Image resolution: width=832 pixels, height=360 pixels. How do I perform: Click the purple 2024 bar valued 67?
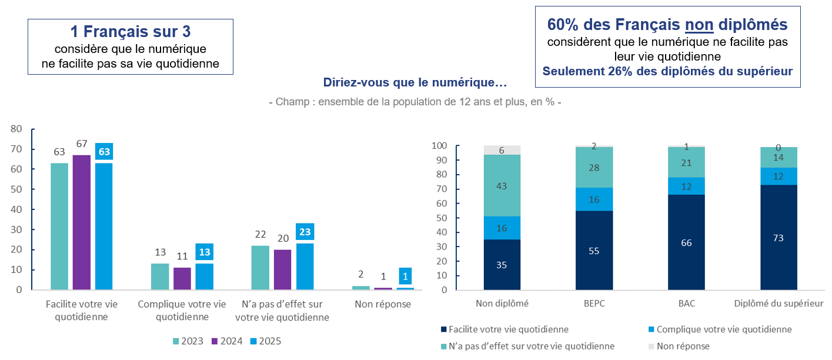pyautogui.click(x=82, y=222)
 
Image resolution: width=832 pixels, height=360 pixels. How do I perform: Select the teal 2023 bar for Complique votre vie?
pyautogui.click(x=160, y=276)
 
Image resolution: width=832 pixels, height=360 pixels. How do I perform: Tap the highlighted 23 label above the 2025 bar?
pyautogui.click(x=305, y=232)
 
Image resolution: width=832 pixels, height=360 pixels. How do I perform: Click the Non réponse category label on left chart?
pyautogui.click(x=383, y=304)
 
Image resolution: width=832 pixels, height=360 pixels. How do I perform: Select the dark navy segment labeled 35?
pyautogui.click(x=502, y=264)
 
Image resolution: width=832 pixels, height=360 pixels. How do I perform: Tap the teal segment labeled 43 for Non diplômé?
pyautogui.click(x=502, y=185)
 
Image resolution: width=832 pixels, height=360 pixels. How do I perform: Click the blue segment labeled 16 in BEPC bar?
pyautogui.click(x=594, y=199)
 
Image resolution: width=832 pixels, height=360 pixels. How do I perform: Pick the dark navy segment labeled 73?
pyautogui.click(x=778, y=237)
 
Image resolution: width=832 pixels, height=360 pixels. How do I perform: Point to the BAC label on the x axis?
pyautogui.click(x=686, y=304)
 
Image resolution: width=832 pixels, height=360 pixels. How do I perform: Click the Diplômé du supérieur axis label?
pyautogui.click(x=778, y=304)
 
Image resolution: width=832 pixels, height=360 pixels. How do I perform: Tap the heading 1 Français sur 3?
pyautogui.click(x=130, y=32)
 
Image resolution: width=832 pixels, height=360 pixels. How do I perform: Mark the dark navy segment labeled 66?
pyautogui.click(x=686, y=242)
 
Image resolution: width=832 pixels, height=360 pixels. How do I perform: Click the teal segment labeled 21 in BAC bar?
pyautogui.click(x=686, y=162)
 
